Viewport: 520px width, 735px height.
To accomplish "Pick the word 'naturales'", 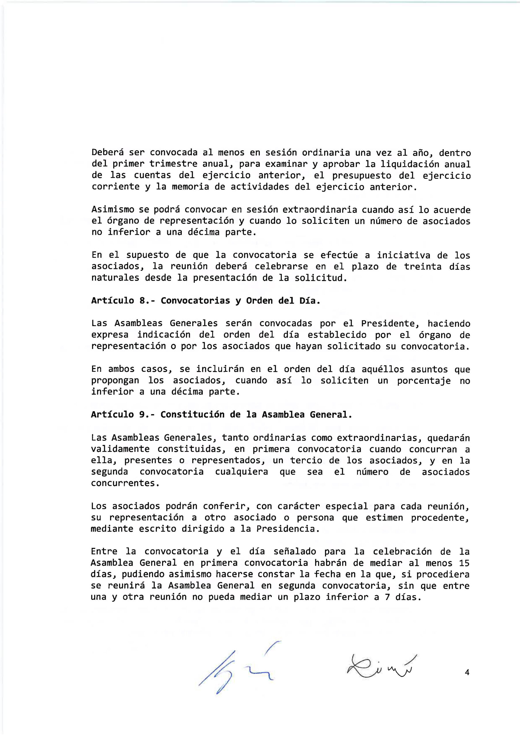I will point(115,278).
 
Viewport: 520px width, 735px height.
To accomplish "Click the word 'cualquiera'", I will point(242,472).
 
